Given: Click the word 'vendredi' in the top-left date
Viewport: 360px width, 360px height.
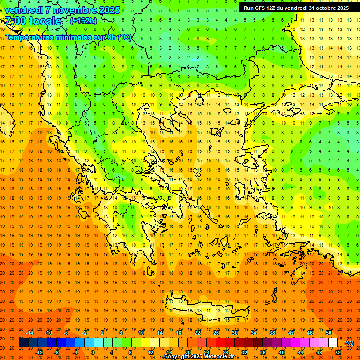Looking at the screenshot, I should tap(24, 10).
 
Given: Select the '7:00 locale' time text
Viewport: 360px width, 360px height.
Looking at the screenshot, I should tap(33, 21).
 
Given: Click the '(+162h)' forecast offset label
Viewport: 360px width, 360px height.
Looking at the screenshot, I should tap(83, 21).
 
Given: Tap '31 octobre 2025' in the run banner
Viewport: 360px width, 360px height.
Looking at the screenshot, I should tap(329, 7).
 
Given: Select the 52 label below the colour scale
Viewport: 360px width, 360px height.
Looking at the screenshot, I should tap(338, 352).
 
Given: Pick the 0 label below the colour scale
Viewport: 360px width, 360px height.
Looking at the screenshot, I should tap(93, 352).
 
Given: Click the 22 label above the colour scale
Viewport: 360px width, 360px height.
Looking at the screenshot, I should tap(197, 333).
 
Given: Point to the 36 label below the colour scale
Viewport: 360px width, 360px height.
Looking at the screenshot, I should tap(263, 352).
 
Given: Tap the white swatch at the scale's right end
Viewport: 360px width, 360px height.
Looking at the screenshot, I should tap(333, 343).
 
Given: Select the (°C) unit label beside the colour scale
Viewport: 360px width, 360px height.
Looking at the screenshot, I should tap(349, 343).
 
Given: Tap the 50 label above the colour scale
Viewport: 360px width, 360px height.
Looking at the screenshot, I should tap(329, 333).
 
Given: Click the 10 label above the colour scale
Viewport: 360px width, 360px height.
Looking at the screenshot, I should tap(141, 333).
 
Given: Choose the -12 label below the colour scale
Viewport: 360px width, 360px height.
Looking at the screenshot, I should tap(39, 352).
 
